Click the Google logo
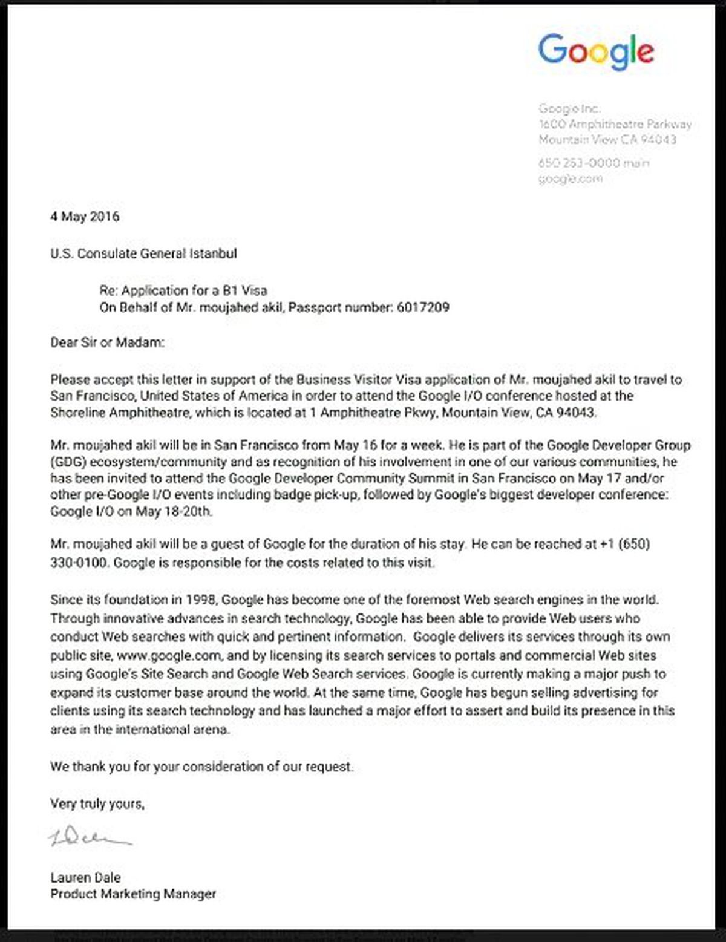tap(596, 51)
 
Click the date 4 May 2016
tap(85, 217)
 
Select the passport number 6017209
tap(423, 307)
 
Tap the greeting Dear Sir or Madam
tap(107, 343)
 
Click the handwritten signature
tap(90, 838)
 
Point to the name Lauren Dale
tap(85, 877)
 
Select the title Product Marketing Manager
tap(133, 894)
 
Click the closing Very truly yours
tap(97, 804)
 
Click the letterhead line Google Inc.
tap(569, 109)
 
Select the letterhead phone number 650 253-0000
tap(579, 163)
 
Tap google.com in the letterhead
tap(571, 178)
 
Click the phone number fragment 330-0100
tap(79, 563)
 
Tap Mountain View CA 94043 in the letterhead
tap(607, 140)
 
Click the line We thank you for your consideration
tap(201, 767)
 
